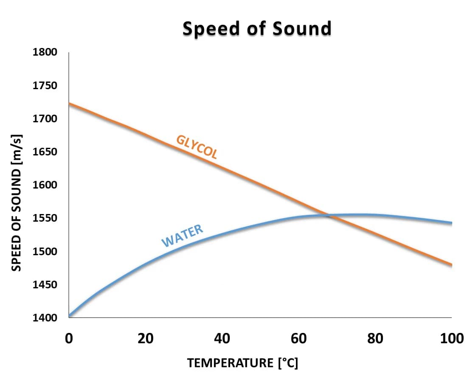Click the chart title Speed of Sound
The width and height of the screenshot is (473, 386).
coord(257,29)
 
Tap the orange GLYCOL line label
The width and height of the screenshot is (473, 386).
coord(197,147)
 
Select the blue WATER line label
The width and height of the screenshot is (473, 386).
coord(183,236)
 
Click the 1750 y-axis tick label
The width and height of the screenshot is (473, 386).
coord(45,85)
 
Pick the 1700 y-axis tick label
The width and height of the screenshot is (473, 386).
coord(45,118)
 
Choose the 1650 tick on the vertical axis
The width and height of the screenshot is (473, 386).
coord(45,152)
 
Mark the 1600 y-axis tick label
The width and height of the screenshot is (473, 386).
coord(45,185)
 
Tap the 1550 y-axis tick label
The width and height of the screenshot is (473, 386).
coord(45,218)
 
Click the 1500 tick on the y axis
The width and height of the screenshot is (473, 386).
coord(45,251)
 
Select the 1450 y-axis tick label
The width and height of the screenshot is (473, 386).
coord(45,284)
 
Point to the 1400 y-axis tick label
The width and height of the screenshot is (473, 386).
coord(45,317)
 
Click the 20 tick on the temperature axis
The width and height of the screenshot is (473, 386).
coord(145,338)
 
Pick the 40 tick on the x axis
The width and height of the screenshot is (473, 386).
coord(222,338)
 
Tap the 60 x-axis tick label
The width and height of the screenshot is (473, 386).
coord(298,338)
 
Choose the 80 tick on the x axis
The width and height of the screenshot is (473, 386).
coord(375,338)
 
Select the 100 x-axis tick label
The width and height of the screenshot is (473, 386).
coord(451,338)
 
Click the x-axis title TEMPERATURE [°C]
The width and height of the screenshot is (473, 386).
coord(242,363)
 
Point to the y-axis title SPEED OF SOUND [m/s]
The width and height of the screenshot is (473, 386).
coord(16,202)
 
